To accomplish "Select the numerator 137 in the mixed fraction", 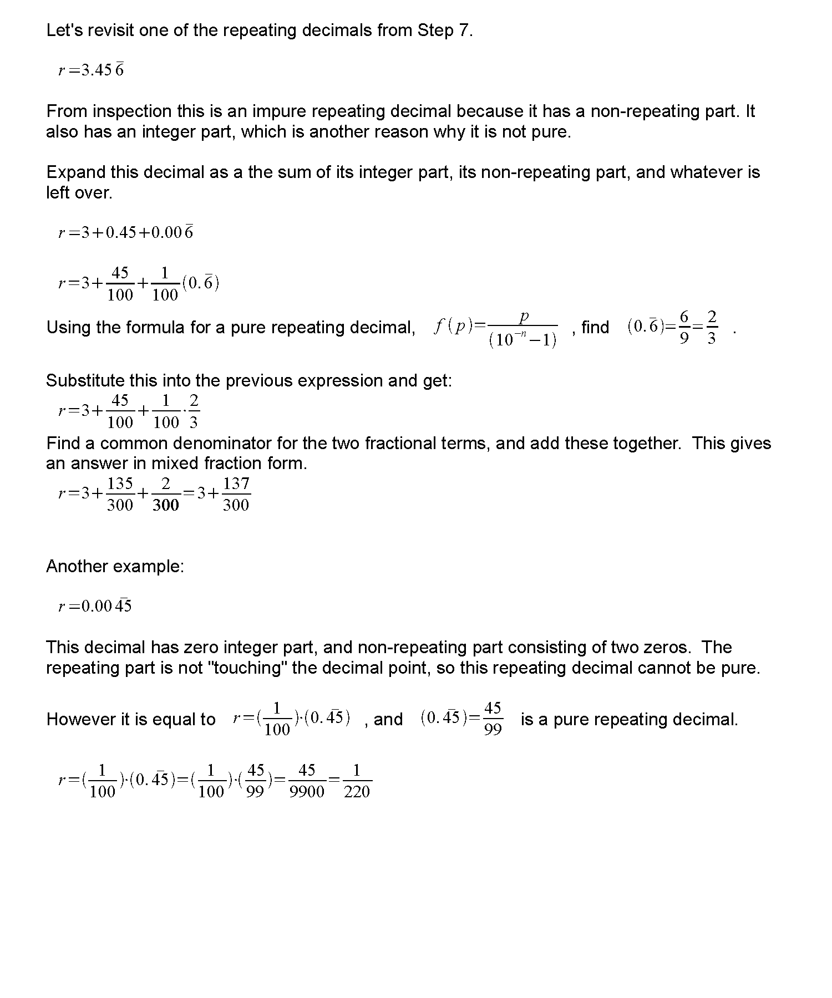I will coord(236,483).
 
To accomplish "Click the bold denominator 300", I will coord(166,505).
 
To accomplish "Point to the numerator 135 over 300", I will coord(120,483).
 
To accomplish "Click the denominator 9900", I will coord(307,792).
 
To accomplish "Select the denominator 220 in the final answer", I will coord(357,792).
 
